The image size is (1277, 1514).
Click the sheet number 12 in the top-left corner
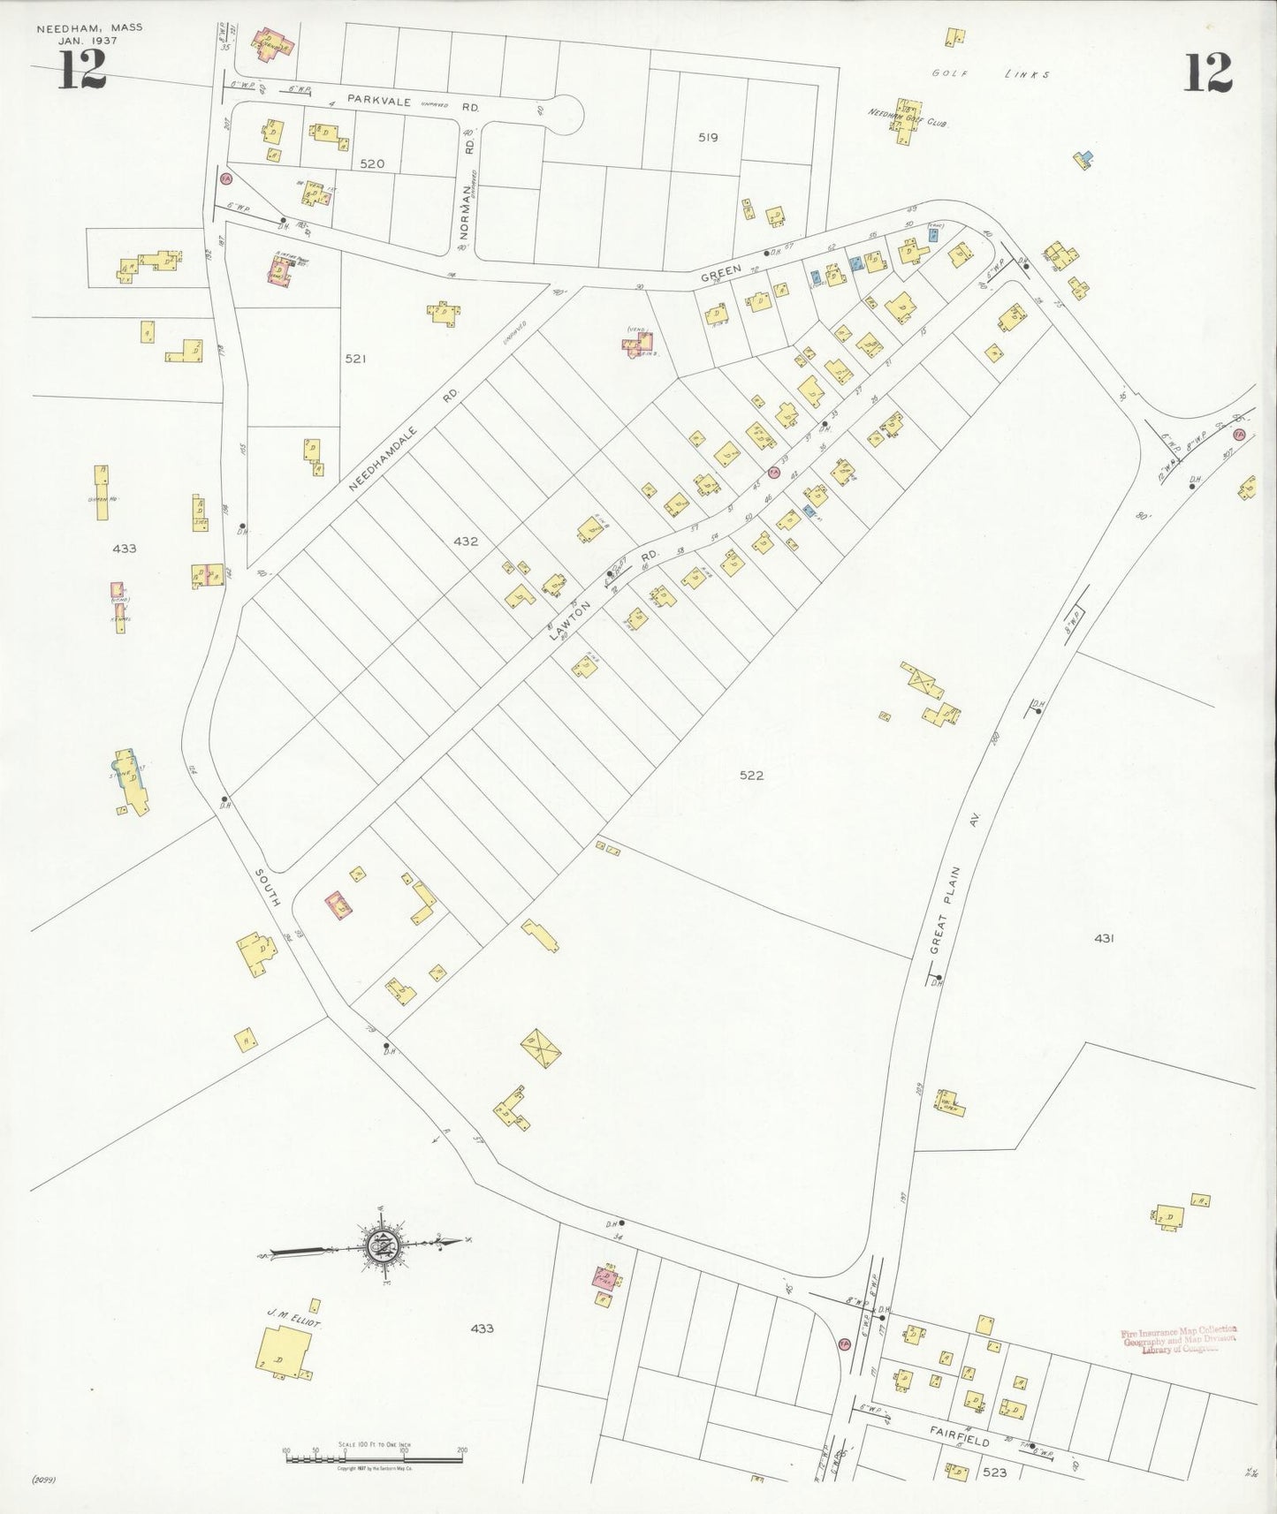point(82,71)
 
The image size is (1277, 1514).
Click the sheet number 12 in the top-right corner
point(1207,72)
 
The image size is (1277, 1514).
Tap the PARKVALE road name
point(379,101)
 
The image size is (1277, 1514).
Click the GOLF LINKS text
point(991,75)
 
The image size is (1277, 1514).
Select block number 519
point(708,138)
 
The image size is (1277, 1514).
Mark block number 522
point(751,776)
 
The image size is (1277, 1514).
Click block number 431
point(1103,938)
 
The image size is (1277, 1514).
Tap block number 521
point(355,359)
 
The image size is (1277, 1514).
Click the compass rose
point(384,1245)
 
